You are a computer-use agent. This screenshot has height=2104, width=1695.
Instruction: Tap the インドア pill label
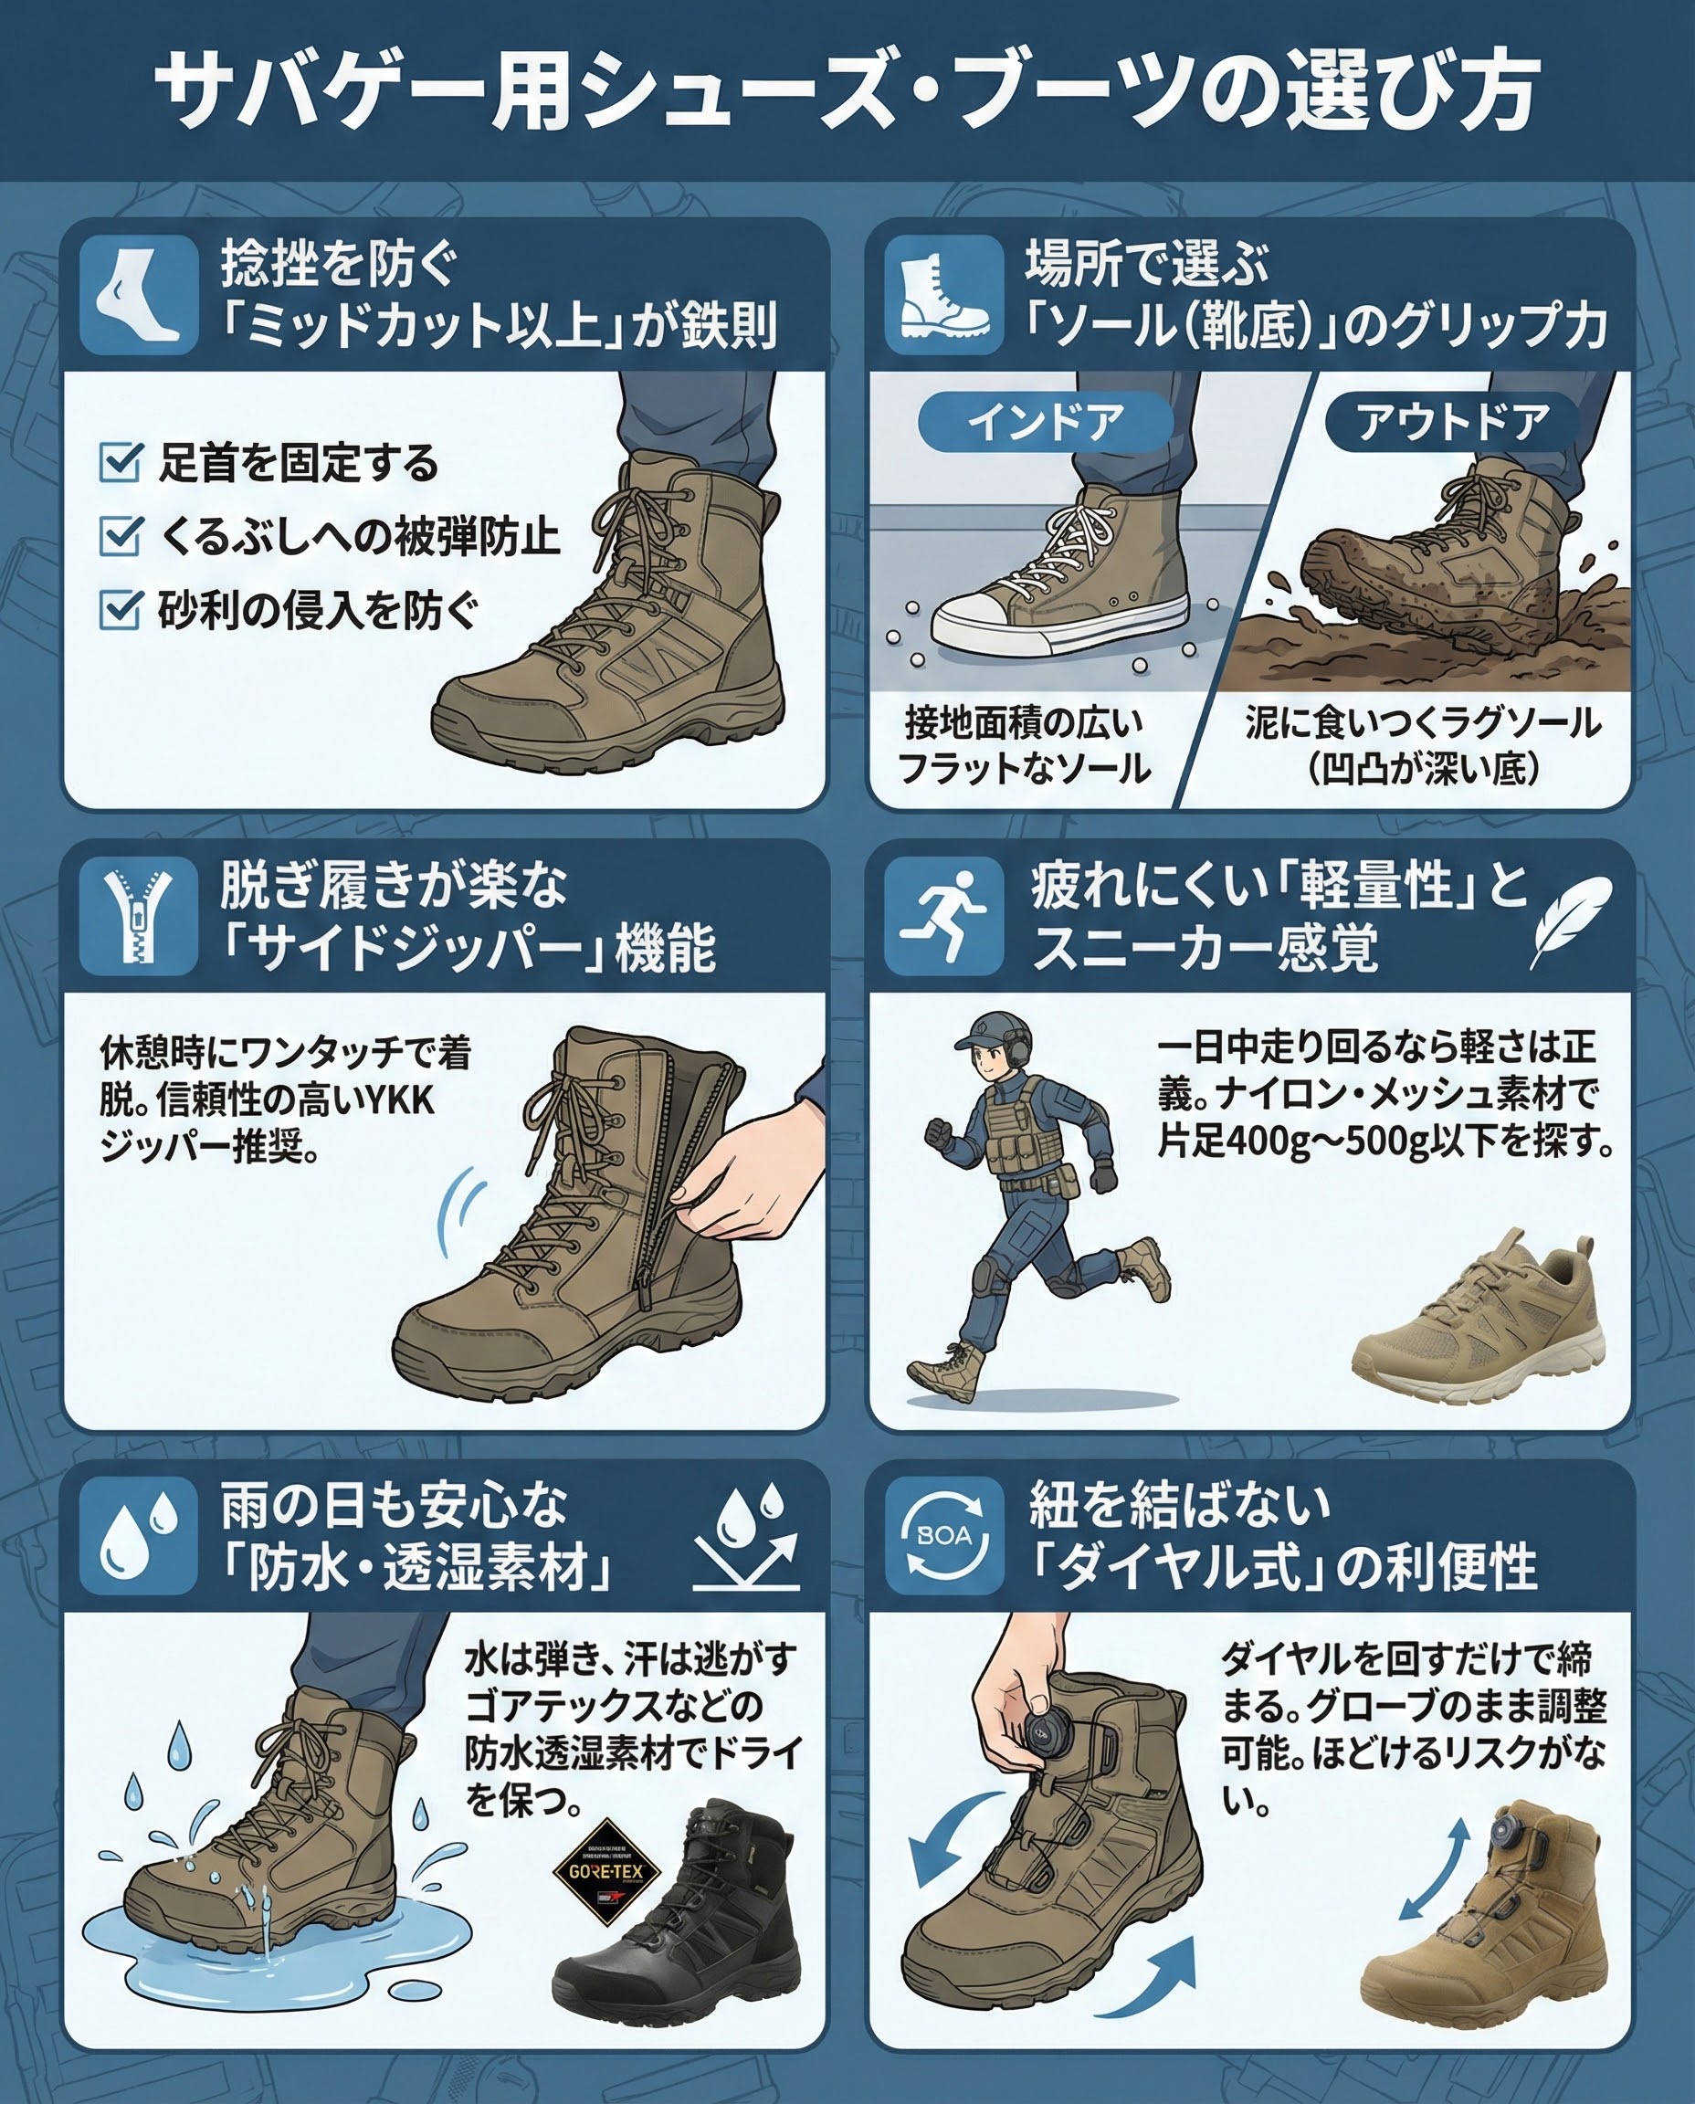[x=1046, y=423]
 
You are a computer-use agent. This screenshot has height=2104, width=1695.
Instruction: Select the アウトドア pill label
[x=1453, y=423]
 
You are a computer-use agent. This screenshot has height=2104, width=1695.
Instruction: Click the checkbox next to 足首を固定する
[x=121, y=463]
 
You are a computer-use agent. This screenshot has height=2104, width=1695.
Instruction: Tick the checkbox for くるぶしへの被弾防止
[x=121, y=536]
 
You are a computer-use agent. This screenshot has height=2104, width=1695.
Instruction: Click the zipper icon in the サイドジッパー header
[x=138, y=917]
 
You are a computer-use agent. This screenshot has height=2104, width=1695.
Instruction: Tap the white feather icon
[x=1570, y=918]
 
